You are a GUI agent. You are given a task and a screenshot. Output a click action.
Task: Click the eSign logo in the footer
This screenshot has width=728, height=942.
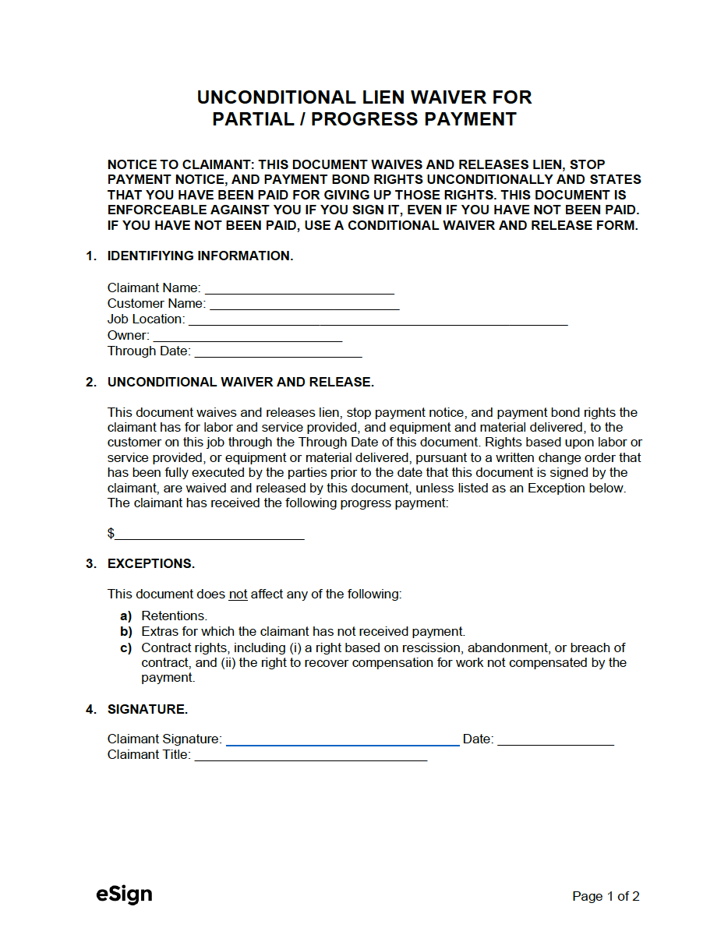coord(124,894)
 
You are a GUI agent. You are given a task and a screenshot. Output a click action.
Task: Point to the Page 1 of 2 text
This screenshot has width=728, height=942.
coord(606,896)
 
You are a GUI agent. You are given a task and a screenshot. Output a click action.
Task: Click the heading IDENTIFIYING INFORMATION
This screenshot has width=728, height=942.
coord(200,256)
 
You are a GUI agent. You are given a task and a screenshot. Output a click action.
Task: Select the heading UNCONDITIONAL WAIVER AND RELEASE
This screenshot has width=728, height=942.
coord(240,382)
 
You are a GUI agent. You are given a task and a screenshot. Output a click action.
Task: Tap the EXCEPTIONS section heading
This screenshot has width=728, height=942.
coord(151,563)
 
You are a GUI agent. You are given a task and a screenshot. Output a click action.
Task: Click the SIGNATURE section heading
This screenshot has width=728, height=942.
coord(147,709)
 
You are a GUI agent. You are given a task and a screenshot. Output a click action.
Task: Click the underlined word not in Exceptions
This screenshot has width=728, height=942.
coord(238,594)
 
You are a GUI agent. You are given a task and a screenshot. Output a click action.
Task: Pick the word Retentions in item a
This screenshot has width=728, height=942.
coord(174,616)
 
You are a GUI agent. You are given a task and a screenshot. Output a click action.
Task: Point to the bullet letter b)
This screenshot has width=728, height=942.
coord(125,632)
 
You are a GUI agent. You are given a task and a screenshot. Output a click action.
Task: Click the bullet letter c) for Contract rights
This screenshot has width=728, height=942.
coord(125,647)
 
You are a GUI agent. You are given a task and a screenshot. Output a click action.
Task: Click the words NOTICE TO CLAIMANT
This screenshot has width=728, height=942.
coord(181,165)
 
